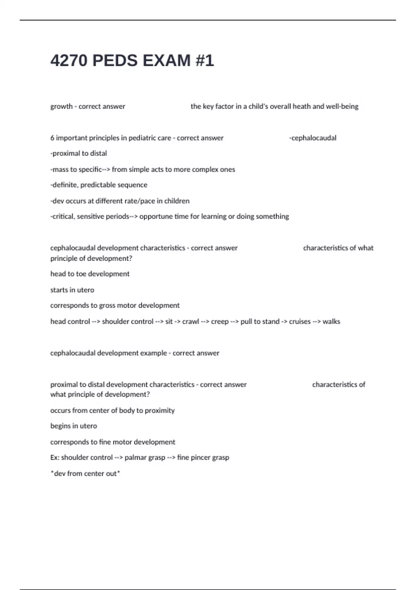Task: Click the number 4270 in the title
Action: [x=69, y=61]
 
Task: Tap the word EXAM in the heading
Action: [x=166, y=61]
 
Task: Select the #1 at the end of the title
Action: [x=205, y=61]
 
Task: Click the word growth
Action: [x=61, y=107]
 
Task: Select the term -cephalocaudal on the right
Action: [x=313, y=138]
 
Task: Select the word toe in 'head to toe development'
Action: [x=81, y=274]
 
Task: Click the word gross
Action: [x=107, y=305]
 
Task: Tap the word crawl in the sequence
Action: [x=191, y=322]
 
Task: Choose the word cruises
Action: [x=300, y=322]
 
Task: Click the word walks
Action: [x=331, y=322]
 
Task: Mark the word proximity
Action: [x=160, y=411]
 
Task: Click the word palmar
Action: [x=135, y=457]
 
